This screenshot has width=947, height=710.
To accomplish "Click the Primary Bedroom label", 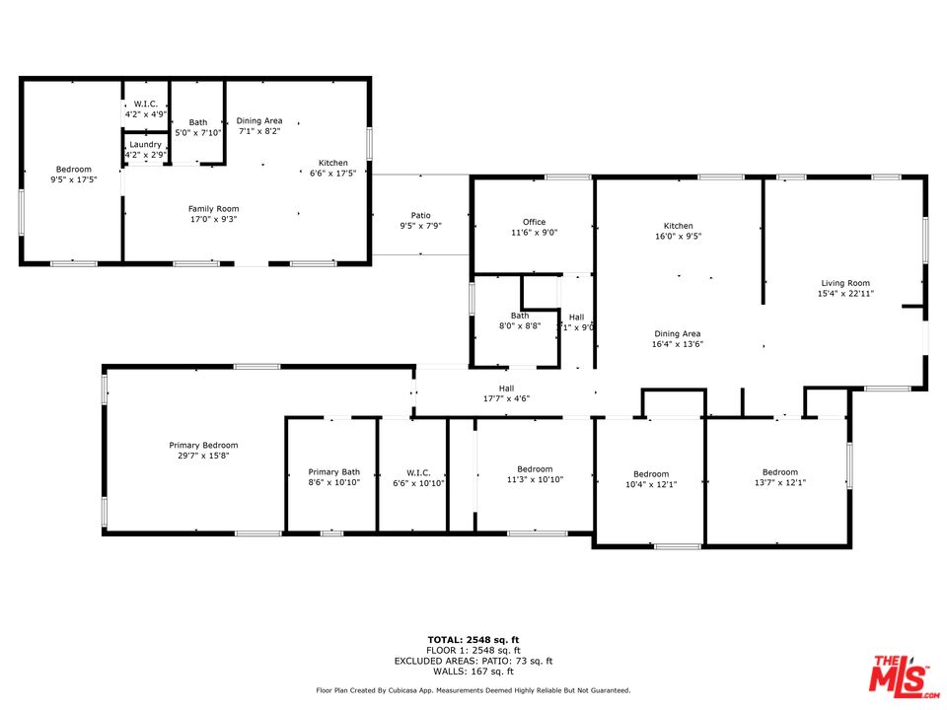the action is [203, 446].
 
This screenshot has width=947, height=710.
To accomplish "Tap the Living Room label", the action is [845, 283].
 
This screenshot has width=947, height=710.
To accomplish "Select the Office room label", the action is [534, 222].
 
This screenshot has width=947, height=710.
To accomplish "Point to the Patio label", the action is [421, 216].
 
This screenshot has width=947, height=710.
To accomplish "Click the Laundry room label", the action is [146, 145].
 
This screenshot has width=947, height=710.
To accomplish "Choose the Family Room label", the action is [214, 209].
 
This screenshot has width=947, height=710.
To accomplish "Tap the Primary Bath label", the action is [334, 472].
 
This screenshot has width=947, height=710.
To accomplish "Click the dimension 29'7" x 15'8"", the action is [203, 456].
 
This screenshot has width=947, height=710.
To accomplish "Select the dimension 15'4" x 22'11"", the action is [845, 294].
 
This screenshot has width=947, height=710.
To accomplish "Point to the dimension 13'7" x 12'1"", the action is [780, 482].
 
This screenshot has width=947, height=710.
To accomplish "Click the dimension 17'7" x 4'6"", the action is [507, 398].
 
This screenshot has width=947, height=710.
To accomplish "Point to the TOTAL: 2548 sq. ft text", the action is [473, 640].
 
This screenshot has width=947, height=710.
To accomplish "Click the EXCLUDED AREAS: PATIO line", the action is [473, 661].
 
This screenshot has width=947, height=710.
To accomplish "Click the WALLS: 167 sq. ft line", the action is [473, 672].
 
